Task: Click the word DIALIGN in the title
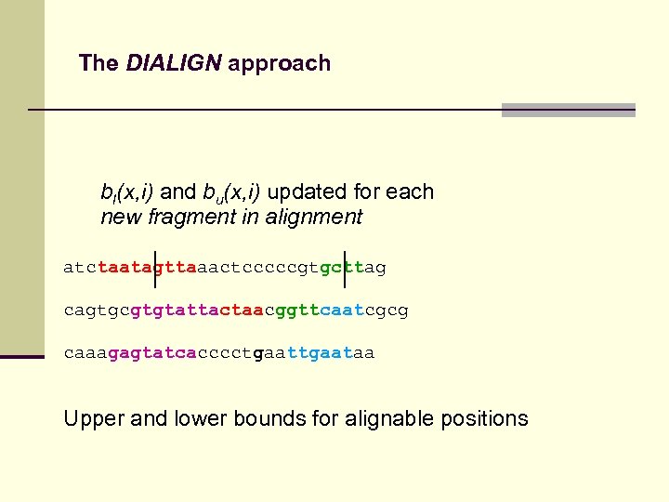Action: (174, 63)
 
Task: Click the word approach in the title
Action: (279, 64)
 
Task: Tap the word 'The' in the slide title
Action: (98, 63)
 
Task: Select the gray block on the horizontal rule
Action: (568, 110)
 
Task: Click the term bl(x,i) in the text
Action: (127, 192)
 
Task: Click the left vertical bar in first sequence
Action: (155, 268)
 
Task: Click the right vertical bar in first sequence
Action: (345, 268)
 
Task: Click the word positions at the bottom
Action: (482, 419)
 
